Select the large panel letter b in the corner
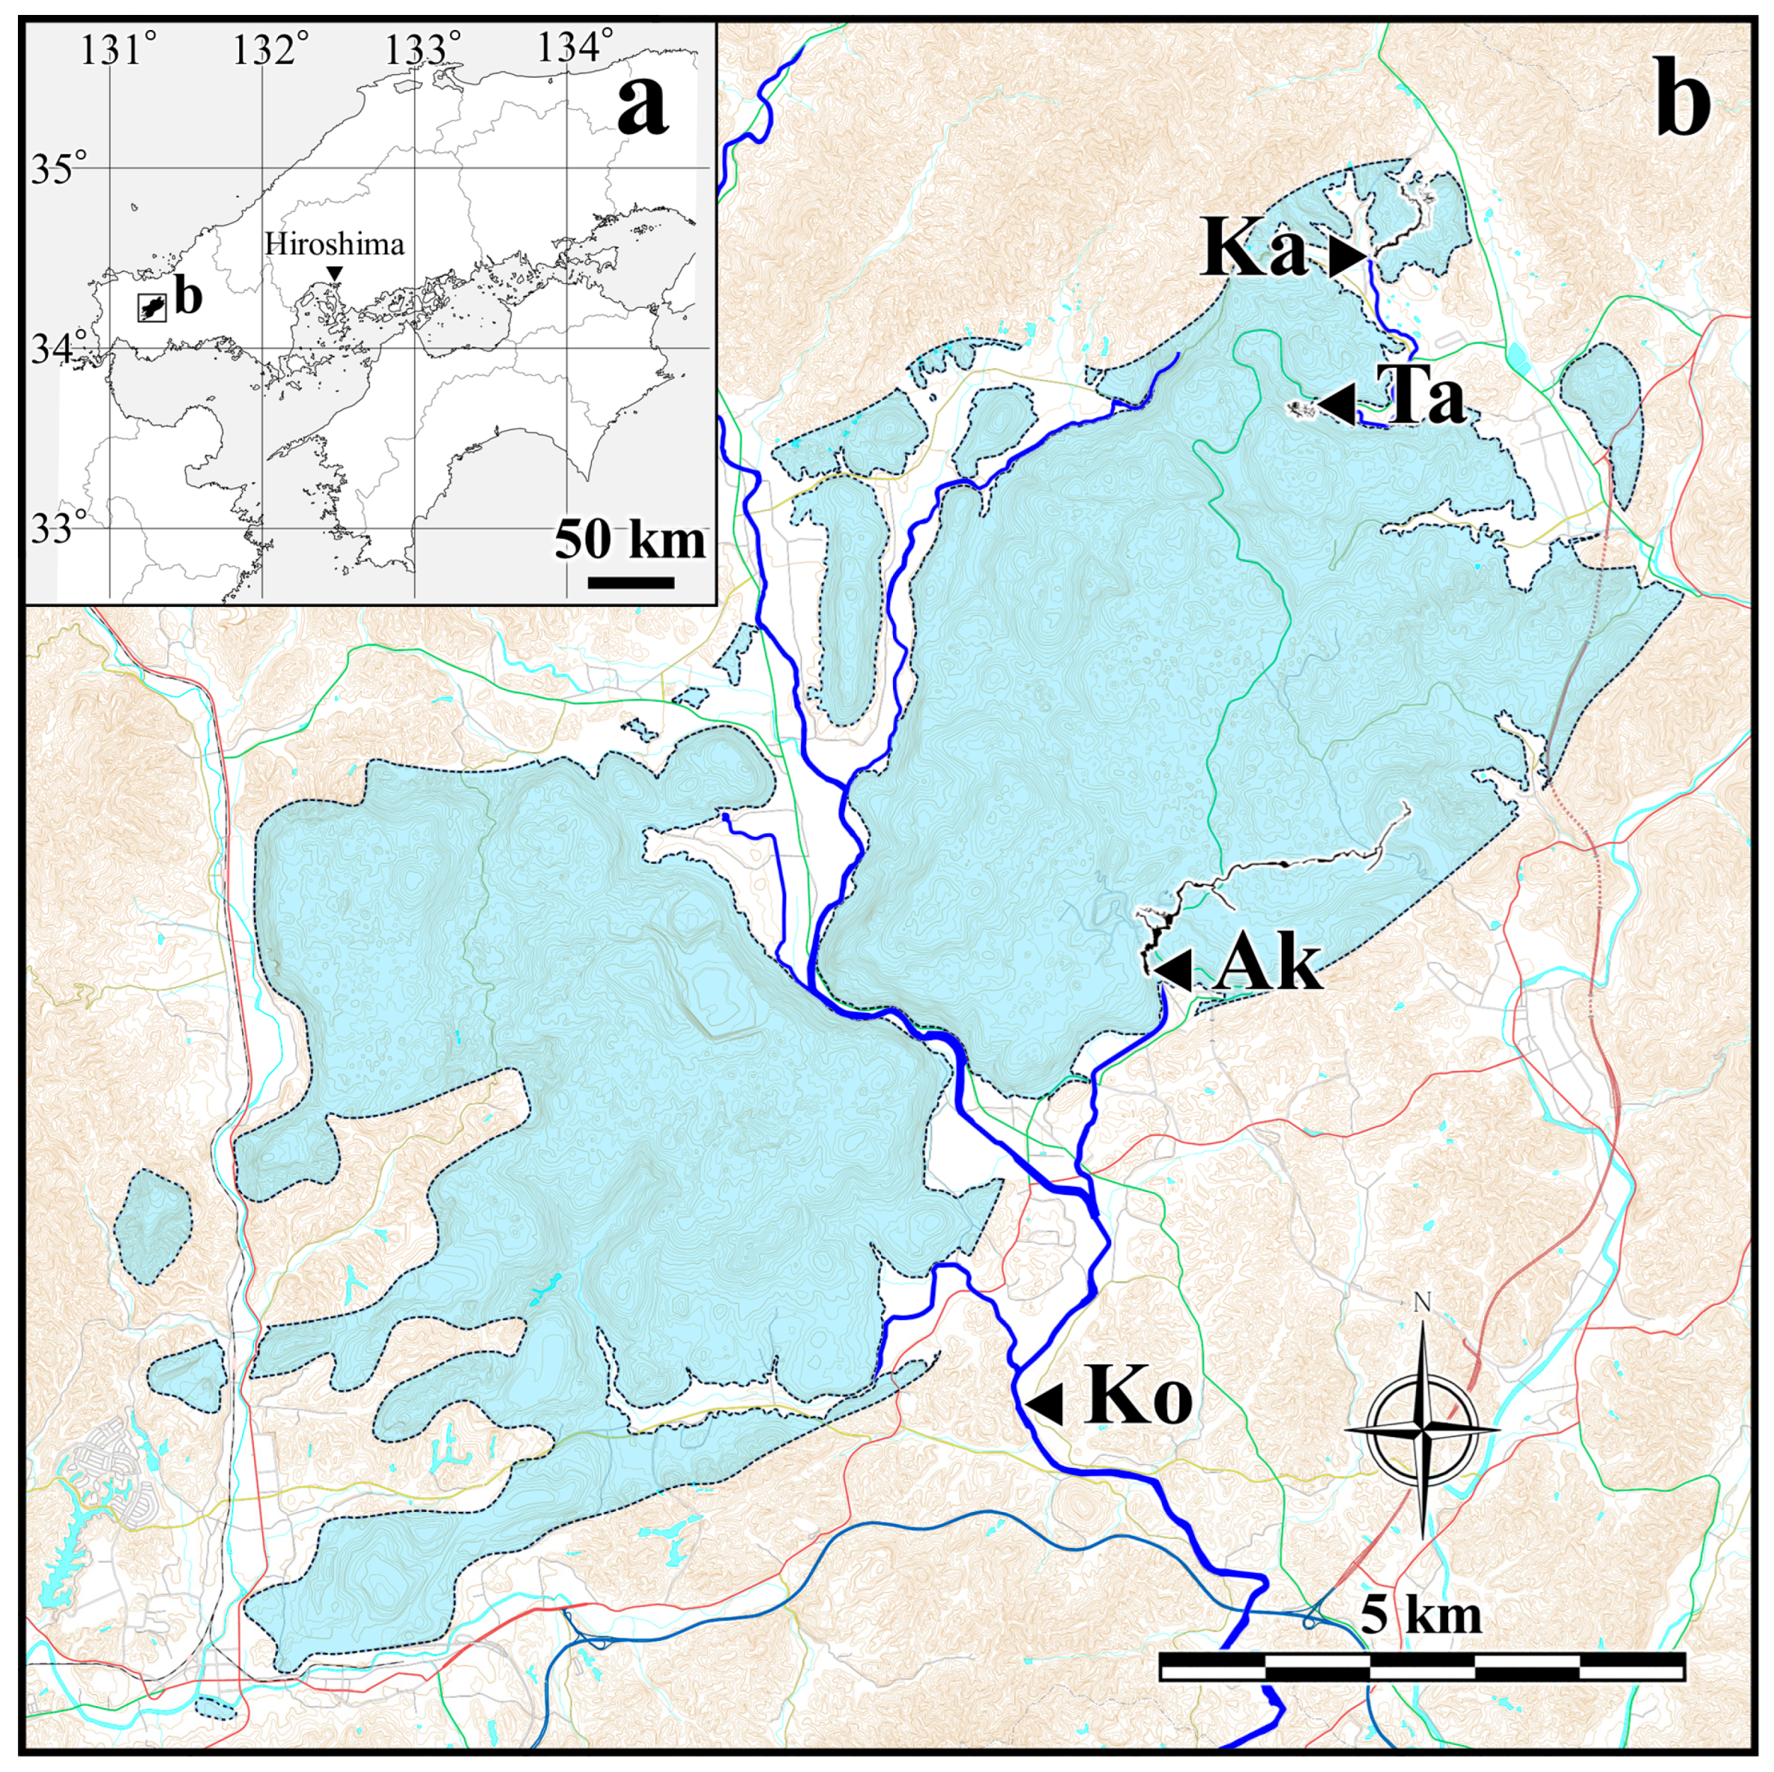coord(1683,108)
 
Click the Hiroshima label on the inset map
coord(334,244)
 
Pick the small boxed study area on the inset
coord(152,308)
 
